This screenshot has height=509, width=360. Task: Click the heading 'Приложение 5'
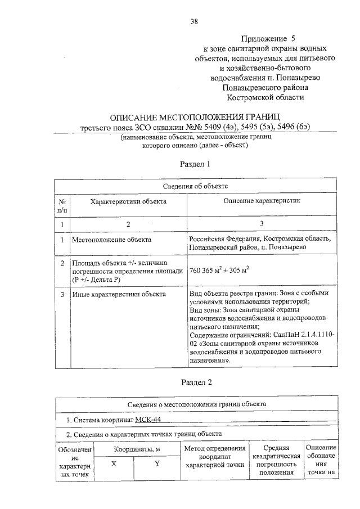pyautogui.click(x=268, y=39)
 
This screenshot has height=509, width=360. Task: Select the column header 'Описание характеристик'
pyautogui.click(x=262, y=200)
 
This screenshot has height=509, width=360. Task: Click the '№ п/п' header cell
pyautogui.click(x=62, y=205)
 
